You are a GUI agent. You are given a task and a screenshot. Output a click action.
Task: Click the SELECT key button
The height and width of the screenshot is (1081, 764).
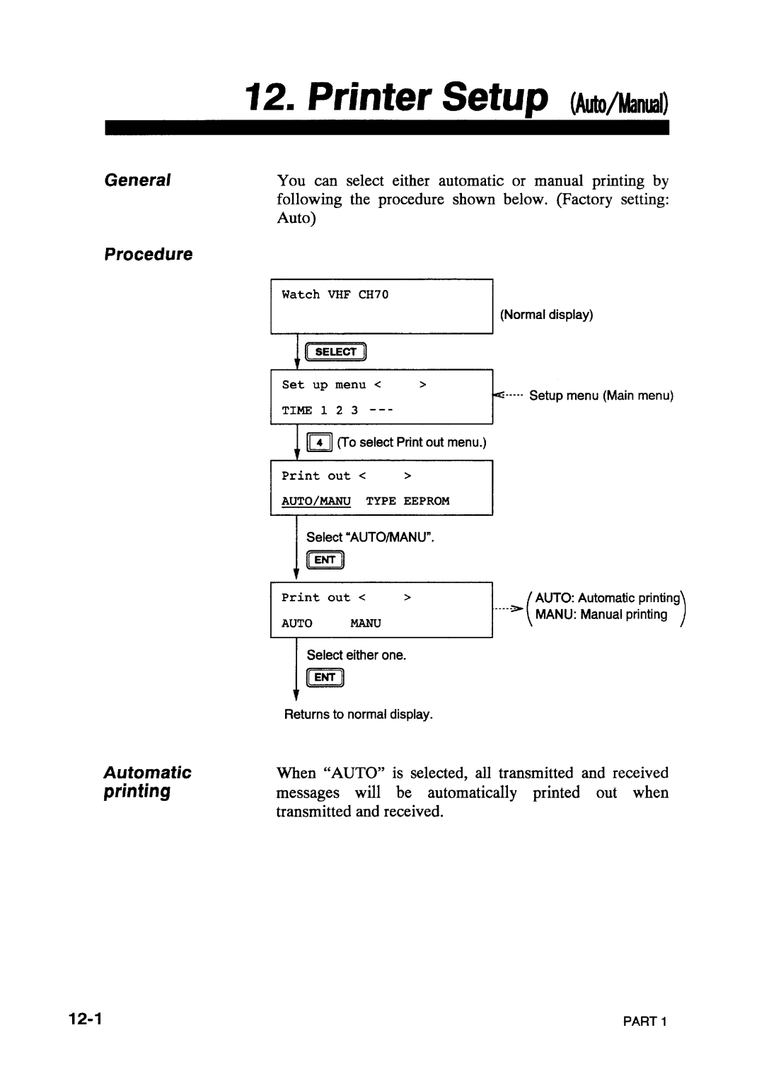[336, 352]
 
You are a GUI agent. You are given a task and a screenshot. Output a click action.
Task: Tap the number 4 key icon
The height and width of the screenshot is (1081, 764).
[320, 443]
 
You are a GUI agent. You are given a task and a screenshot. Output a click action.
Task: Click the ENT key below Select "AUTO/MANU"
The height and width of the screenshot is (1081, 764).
[325, 561]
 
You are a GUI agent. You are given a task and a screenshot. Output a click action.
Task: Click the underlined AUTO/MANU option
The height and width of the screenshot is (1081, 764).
[316, 501]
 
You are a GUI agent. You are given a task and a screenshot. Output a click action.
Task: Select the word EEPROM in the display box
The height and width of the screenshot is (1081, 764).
[427, 501]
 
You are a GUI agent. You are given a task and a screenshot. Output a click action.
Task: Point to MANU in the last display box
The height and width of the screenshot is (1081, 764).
[366, 623]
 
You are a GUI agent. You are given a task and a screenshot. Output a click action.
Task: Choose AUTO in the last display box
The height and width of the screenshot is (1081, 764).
[297, 623]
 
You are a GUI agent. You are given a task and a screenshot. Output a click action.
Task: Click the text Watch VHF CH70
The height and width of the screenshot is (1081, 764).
[335, 294]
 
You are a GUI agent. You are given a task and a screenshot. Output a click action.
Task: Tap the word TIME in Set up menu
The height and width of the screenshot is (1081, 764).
[296, 410]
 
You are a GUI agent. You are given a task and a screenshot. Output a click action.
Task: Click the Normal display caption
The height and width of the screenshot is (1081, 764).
[547, 314]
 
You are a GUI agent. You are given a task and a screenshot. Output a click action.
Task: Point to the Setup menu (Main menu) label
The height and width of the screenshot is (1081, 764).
[601, 395]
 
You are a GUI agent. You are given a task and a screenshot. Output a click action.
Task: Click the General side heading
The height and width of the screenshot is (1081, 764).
[138, 180]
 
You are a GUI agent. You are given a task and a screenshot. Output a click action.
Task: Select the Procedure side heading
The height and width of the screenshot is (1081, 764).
[149, 255]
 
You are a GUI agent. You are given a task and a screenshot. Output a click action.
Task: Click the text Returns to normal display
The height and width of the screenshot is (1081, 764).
[358, 715]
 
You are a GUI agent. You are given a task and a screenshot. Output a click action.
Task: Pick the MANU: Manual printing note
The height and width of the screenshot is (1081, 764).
[601, 615]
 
